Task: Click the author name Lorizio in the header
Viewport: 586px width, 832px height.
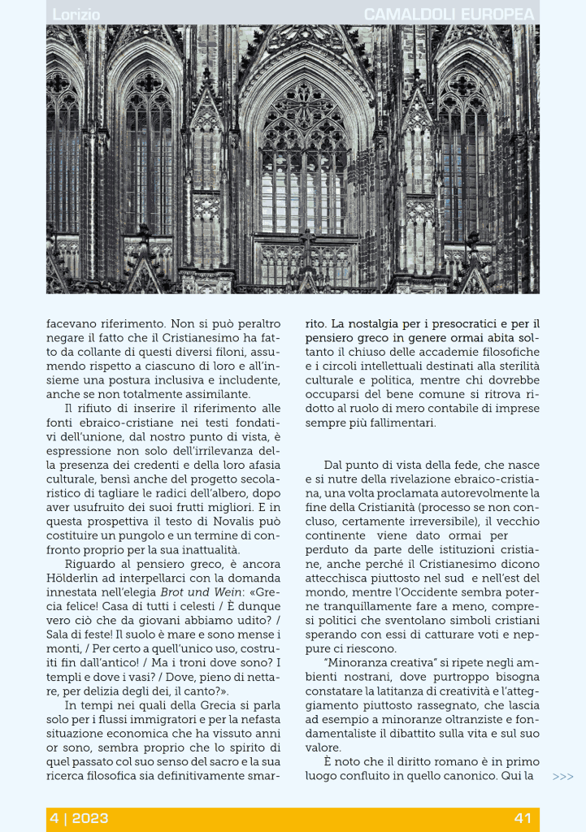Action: coord(76,15)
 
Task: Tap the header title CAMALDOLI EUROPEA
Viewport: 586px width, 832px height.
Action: coord(449,15)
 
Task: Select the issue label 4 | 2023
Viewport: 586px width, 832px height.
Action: coord(79,818)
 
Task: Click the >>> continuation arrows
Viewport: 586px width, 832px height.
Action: coord(562,777)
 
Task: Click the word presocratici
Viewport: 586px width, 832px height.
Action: coord(459,323)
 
